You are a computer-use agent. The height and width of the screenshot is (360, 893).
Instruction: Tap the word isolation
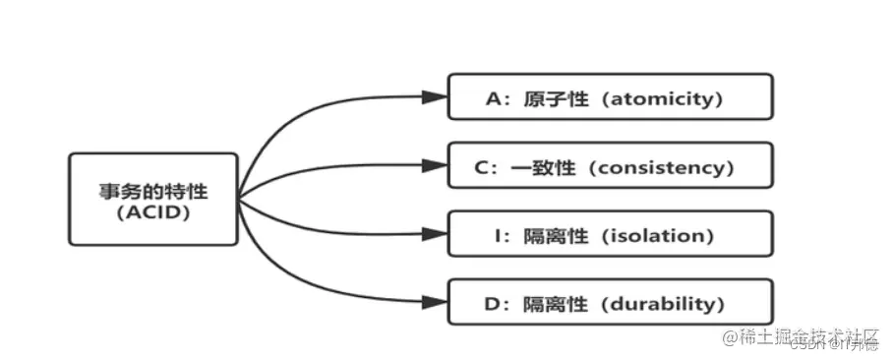[656, 236]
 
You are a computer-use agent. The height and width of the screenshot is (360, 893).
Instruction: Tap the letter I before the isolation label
[503, 236]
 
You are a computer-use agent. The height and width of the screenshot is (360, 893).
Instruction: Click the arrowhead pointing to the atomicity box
[434, 97]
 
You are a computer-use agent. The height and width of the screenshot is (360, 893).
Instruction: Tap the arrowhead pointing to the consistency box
[434, 166]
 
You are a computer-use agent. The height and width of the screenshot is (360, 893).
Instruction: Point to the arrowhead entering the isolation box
[434, 235]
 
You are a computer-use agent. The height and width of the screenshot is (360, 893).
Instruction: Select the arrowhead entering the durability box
[434, 303]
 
